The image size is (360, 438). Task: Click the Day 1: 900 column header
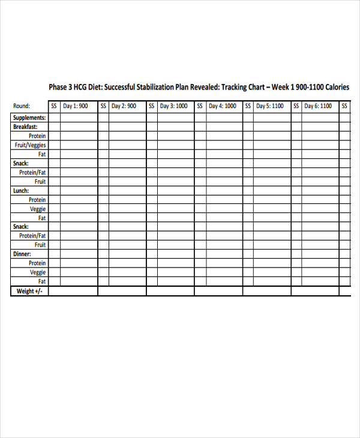[x=76, y=106]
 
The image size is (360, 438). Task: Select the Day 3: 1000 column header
[x=173, y=106]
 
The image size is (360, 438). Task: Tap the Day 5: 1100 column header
[x=270, y=106]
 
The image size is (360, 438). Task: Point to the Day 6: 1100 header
[x=318, y=106]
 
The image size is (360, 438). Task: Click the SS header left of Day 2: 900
[x=103, y=106]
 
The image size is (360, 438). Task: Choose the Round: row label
[x=22, y=106]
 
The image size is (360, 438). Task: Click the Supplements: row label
[x=29, y=118]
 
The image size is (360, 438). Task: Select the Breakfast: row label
[x=25, y=127]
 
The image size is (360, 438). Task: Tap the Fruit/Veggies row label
[x=31, y=145]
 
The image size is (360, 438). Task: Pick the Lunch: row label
[x=21, y=191]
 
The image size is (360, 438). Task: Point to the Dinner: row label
[x=22, y=254]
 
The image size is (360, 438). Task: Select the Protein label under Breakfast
[x=37, y=136]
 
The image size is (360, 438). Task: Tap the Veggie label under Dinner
[x=38, y=272]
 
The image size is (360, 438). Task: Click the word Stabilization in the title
[x=155, y=88]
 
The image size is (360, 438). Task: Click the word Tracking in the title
[x=238, y=88]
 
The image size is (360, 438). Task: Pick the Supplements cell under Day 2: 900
[x=127, y=118]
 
